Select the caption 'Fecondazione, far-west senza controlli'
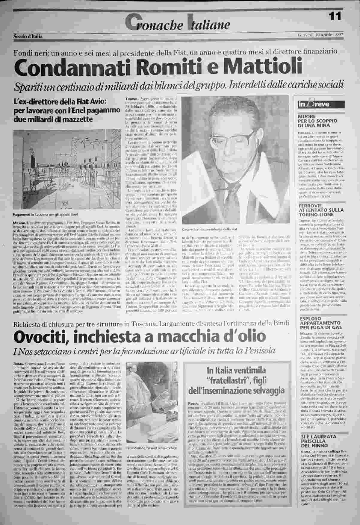click(x=152, y=448)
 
